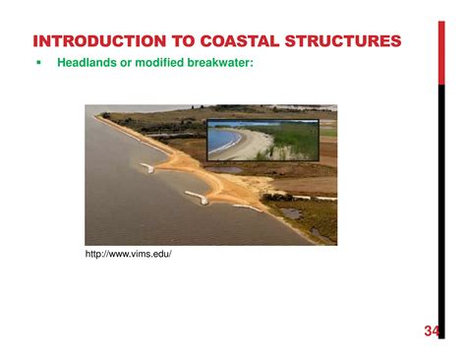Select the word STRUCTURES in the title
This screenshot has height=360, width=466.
[x=341, y=40]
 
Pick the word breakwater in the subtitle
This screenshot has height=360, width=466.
[x=225, y=63]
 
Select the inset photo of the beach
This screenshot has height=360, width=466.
[x=262, y=140]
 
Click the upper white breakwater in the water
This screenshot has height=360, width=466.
[x=147, y=168]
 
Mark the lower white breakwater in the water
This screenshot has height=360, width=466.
[x=200, y=200]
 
